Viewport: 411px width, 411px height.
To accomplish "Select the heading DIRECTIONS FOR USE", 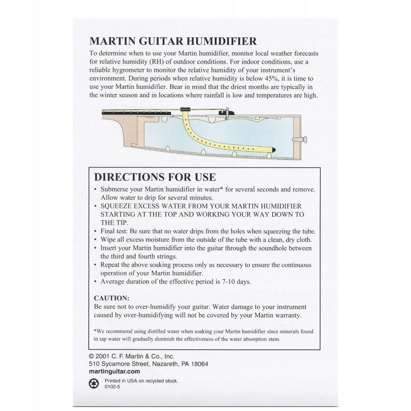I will click(155, 177).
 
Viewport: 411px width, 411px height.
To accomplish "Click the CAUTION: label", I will click(112, 298).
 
